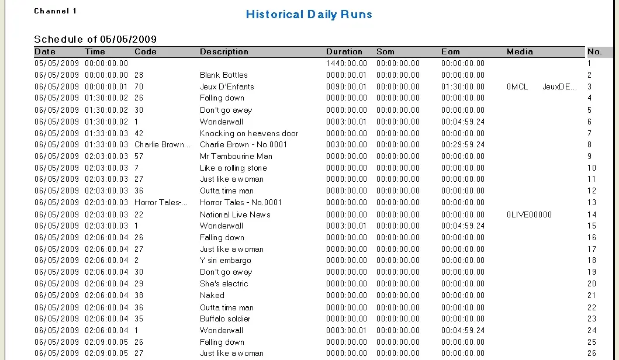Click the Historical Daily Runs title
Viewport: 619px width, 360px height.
309,15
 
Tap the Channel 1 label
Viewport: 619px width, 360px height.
56,11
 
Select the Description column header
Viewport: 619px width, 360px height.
224,51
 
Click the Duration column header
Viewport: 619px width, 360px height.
344,51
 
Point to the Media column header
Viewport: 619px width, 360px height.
520,51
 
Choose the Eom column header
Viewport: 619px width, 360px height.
450,51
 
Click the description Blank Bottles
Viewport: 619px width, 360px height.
223,75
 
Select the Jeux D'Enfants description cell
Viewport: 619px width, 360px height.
227,86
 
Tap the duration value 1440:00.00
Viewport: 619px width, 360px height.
347,63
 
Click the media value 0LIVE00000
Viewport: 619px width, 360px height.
529,214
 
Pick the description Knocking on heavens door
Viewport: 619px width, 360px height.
249,133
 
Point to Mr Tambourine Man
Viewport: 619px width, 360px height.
236,156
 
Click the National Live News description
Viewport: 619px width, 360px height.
235,214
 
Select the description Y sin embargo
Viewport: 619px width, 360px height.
225,260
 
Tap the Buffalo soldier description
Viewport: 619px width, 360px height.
225,319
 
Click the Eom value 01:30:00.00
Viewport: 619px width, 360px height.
463,86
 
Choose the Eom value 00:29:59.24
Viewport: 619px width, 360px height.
463,144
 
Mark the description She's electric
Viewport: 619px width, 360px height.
224,283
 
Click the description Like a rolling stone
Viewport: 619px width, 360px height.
233,168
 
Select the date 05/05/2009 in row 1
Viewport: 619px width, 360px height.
56,63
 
